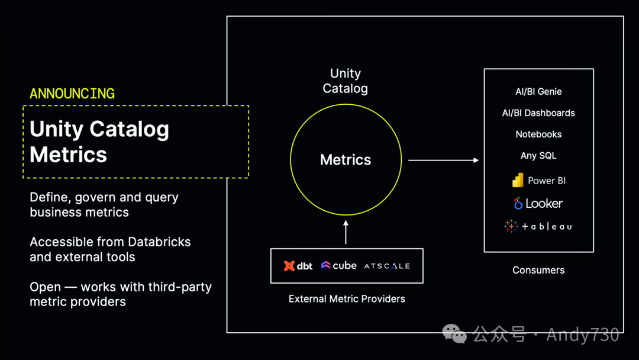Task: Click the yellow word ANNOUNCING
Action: tap(72, 94)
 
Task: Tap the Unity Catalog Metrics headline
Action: tap(99, 142)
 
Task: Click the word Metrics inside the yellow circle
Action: tap(346, 160)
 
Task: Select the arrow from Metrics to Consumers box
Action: tap(443, 160)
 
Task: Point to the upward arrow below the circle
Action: tap(346, 232)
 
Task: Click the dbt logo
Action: tap(298, 266)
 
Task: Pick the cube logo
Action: tap(339, 266)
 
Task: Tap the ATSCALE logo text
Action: tap(387, 266)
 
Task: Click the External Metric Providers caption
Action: tap(347, 299)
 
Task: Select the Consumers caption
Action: tap(538, 270)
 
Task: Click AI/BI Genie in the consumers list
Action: tap(538, 92)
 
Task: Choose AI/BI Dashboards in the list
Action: tap(538, 113)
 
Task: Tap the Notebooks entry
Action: tap(538, 134)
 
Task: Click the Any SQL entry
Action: tap(538, 156)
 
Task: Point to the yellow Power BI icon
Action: tap(518, 180)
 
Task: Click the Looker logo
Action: tap(538, 204)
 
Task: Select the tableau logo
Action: tap(538, 226)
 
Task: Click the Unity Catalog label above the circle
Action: tap(346, 81)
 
